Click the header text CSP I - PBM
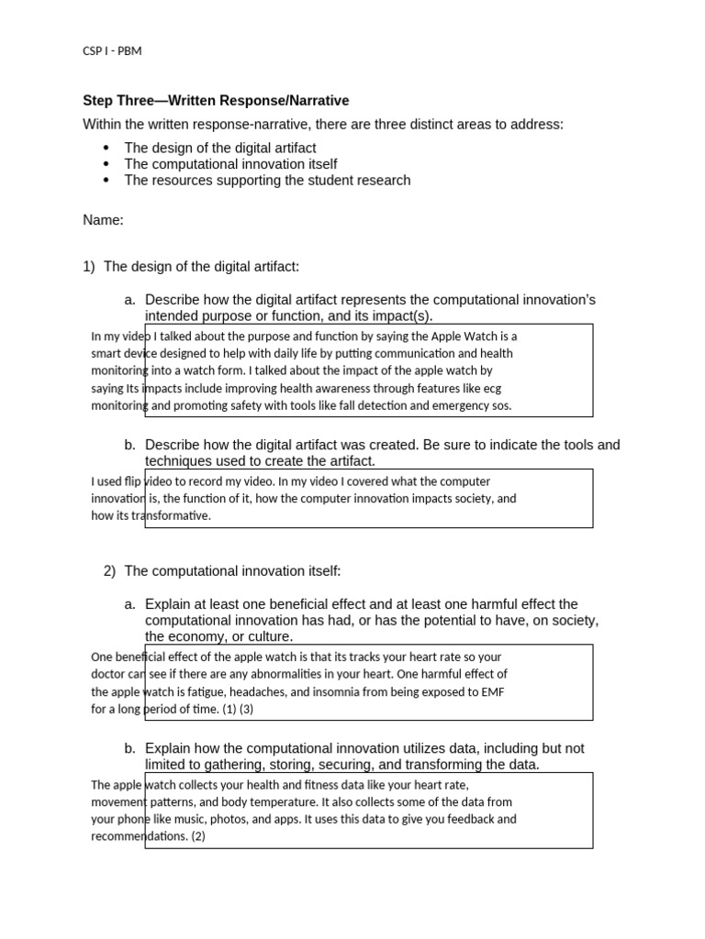point(112,50)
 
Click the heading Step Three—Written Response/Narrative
point(216,101)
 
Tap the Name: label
point(103,220)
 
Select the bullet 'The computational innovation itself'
point(230,164)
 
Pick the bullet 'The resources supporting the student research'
point(267,181)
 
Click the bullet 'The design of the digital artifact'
point(220,148)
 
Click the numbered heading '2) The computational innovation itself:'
point(222,571)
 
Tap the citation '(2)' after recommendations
point(199,836)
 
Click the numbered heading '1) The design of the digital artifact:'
point(191,267)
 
